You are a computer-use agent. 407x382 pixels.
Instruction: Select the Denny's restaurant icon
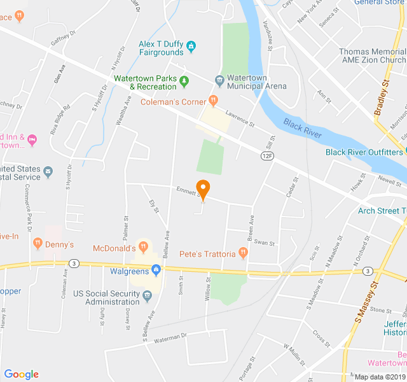[x=38, y=243]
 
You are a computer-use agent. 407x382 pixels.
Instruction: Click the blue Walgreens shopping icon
[x=155, y=270]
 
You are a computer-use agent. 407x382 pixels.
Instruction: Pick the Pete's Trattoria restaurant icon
[x=242, y=254]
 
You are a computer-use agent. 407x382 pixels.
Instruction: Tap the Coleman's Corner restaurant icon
[x=213, y=101]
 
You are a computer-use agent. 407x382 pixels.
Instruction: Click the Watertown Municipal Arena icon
[x=219, y=81]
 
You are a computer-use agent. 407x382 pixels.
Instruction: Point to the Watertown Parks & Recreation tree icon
[x=184, y=81]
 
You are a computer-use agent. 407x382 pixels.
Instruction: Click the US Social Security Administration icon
[x=147, y=295]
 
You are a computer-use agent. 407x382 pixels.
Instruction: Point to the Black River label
[x=303, y=128]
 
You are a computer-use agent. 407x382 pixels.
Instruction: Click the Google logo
[x=21, y=374]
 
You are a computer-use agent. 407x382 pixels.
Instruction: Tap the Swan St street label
[x=264, y=243]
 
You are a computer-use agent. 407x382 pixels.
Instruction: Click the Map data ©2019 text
[x=380, y=376]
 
